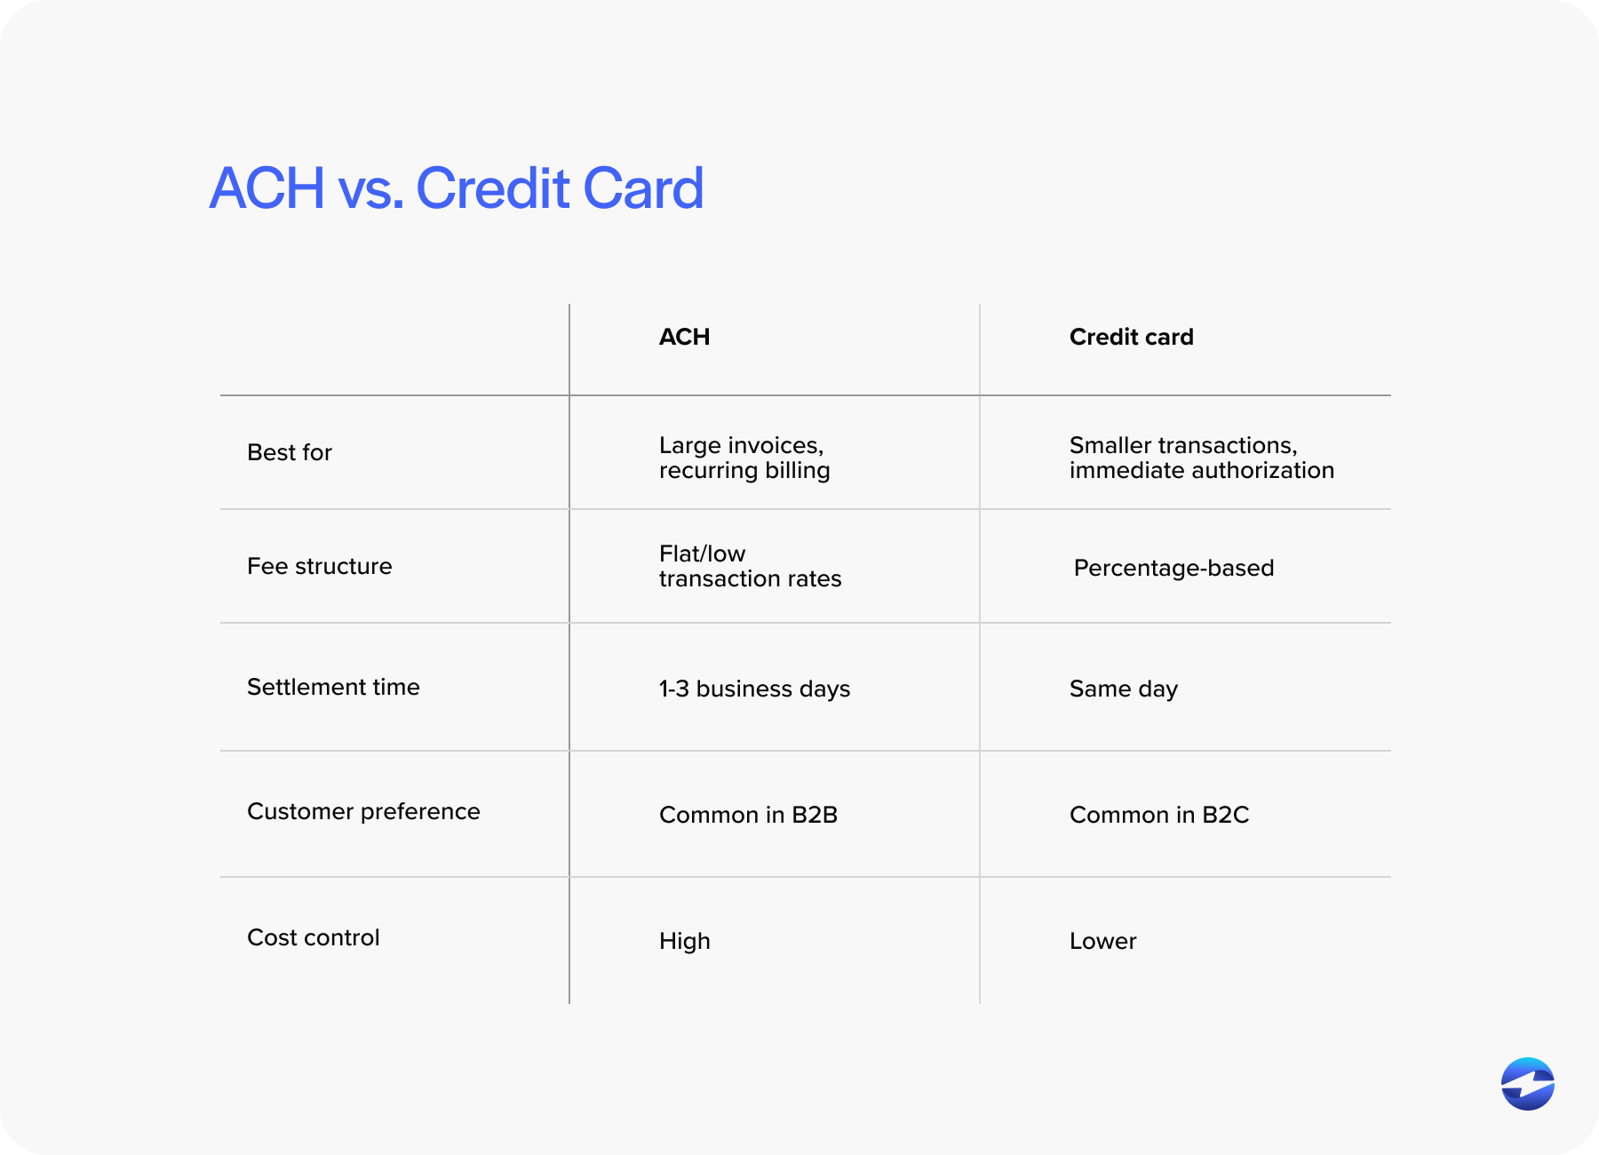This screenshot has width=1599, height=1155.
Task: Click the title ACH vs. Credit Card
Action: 457,188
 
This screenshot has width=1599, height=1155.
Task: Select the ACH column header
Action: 684,338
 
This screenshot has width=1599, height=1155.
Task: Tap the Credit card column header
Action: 1131,338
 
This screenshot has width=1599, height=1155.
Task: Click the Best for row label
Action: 290,453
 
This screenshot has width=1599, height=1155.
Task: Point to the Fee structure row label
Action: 320,567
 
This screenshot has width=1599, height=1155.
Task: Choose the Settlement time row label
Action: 333,688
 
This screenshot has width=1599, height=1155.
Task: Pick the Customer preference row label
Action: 363,812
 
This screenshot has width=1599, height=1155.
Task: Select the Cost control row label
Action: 314,938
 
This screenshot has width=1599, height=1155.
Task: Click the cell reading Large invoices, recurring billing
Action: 744,458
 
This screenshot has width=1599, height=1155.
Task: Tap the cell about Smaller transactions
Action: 1201,458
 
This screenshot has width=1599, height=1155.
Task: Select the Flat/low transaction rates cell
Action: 750,567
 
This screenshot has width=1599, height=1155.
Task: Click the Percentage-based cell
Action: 1173,569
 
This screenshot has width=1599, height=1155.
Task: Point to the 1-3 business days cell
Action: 754,689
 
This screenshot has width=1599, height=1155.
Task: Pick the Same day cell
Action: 1124,689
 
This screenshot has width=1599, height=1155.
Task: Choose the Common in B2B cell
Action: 748,816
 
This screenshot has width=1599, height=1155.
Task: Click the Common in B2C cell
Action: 1159,816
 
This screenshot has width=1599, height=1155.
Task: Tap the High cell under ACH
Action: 685,942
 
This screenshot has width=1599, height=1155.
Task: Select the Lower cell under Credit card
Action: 1102,942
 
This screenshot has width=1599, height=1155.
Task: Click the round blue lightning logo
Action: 1527,1084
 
